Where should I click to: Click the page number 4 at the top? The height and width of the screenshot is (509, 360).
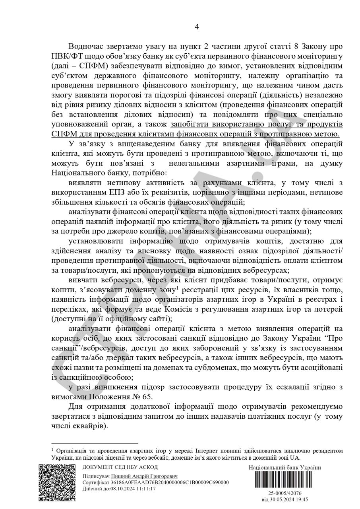point(197,27)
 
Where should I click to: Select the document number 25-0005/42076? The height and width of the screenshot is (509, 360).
point(285,493)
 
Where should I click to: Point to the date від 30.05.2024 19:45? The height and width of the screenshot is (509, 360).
point(285,499)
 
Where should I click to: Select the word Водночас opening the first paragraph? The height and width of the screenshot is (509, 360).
point(87,47)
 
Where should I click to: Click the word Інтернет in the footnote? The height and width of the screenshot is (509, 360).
point(207,451)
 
